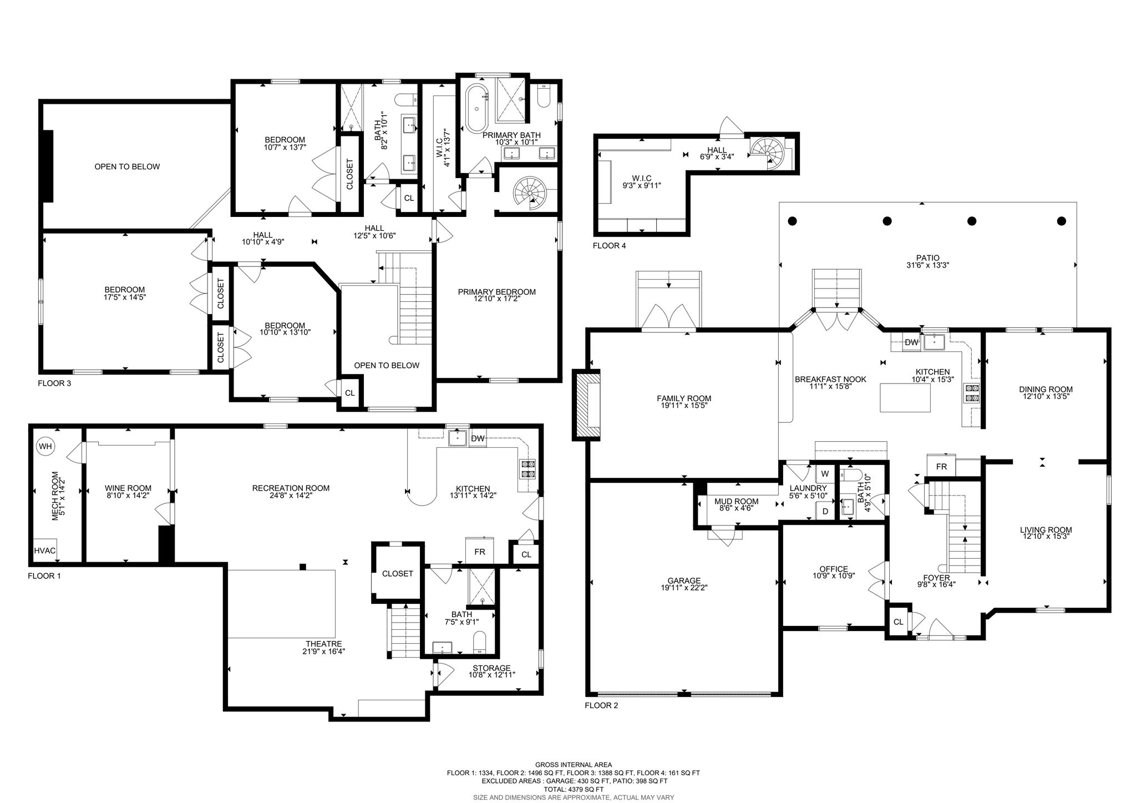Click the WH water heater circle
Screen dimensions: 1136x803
pyautogui.click(x=45, y=446)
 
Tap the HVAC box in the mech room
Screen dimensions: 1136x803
pyautogui.click(x=44, y=551)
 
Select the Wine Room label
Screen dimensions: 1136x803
pyautogui.click(x=128, y=488)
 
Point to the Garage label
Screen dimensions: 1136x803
pyautogui.click(x=684, y=580)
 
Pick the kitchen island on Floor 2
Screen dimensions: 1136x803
pyautogui.click(x=905, y=398)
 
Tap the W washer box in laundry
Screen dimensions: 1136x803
pyautogui.click(x=825, y=474)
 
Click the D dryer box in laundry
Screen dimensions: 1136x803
pyautogui.click(x=825, y=511)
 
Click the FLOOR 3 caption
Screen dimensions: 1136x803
pyautogui.click(x=54, y=383)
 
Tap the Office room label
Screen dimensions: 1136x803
pyautogui.click(x=834, y=569)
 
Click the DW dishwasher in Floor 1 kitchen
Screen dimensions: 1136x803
pyautogui.click(x=478, y=438)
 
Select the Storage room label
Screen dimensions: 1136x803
pyautogui.click(x=491, y=668)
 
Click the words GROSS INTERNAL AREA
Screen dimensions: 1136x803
pyautogui.click(x=574, y=765)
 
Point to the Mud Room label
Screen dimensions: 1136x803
pyautogui.click(x=736, y=502)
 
